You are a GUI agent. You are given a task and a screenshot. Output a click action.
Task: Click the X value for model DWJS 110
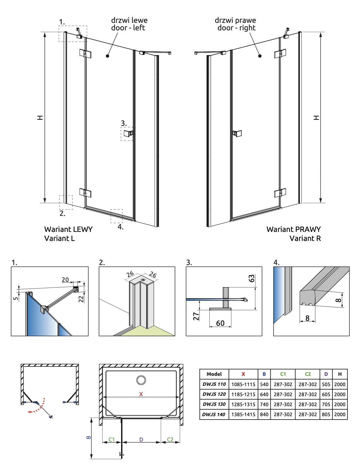point(243,384)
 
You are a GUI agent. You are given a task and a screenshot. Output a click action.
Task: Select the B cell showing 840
point(264,414)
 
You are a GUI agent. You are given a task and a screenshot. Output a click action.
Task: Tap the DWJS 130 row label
point(214,404)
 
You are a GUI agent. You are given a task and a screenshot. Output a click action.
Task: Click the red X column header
point(243,374)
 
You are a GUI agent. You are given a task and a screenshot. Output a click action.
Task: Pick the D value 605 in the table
point(326,394)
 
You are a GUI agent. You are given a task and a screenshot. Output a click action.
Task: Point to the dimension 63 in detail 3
point(252,278)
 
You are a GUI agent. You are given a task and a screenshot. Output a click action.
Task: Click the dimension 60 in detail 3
point(220,323)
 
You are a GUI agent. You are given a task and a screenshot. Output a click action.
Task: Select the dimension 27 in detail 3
point(196,316)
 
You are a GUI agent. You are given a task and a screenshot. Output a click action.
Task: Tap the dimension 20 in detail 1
point(65,280)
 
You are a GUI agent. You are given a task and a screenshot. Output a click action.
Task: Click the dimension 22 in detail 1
point(81,299)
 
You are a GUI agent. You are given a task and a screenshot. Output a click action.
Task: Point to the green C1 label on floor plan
point(111,439)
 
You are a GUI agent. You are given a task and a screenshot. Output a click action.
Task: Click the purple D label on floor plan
point(141,439)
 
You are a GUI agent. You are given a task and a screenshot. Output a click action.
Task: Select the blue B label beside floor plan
point(89,437)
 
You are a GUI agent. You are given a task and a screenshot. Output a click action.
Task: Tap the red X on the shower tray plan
point(141,394)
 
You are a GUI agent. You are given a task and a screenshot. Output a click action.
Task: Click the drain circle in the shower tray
point(141,380)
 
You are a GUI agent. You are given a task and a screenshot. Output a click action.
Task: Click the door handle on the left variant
point(128,133)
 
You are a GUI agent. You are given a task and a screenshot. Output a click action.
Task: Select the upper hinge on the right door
point(280,54)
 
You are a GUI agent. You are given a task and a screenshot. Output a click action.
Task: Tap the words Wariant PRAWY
point(294,229)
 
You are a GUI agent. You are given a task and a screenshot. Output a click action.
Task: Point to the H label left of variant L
point(40,118)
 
